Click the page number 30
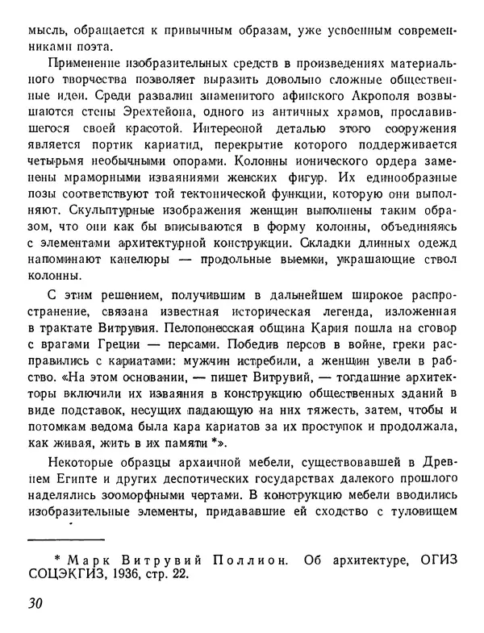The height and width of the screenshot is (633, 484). (x=34, y=603)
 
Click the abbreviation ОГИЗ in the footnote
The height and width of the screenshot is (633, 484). (x=434, y=556)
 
